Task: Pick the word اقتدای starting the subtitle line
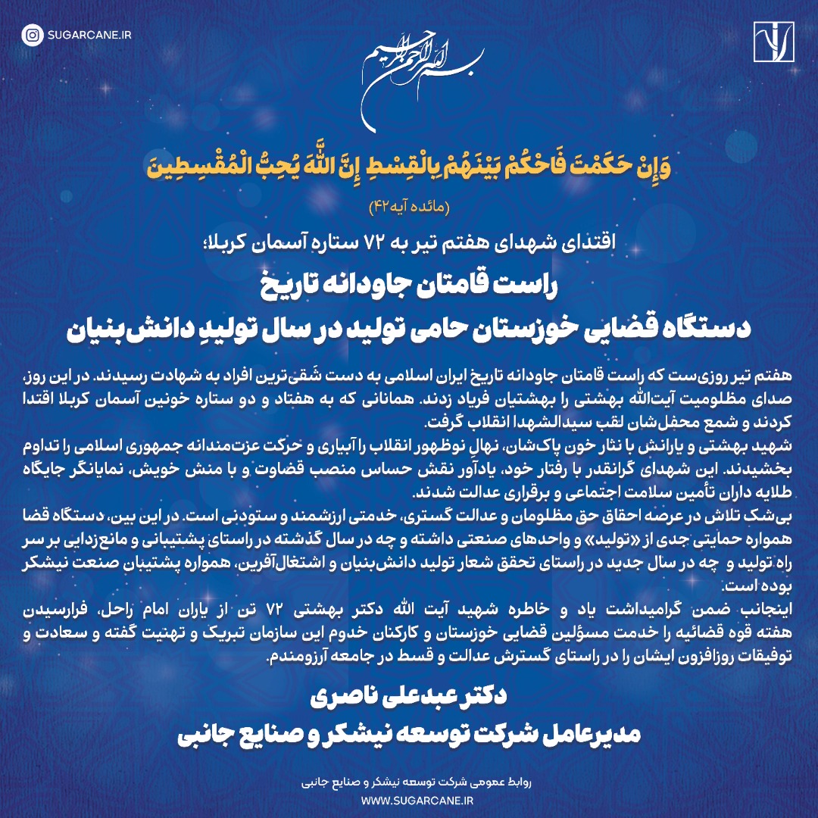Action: coord(586,242)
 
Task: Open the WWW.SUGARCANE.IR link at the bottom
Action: coord(409,799)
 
